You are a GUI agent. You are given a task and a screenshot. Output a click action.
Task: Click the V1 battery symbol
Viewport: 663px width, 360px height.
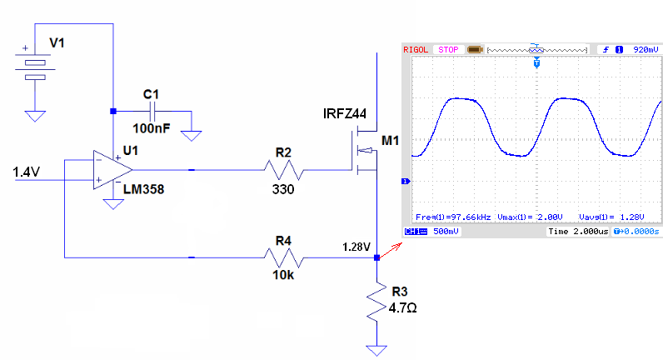tap(35, 66)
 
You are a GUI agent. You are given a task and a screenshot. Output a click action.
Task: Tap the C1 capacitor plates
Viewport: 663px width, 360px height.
tap(153, 112)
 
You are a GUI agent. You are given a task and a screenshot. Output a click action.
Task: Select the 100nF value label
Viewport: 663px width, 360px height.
tap(152, 128)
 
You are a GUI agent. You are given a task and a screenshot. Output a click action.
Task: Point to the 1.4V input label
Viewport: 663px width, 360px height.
tap(26, 172)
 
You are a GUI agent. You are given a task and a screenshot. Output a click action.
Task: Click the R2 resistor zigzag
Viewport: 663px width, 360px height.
tap(284, 170)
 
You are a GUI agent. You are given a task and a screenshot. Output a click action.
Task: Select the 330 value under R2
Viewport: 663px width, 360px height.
tap(283, 189)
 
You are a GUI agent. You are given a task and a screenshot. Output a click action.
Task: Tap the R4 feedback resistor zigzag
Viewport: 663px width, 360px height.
tap(284, 257)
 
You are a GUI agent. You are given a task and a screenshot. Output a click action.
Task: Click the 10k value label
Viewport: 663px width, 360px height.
tap(283, 275)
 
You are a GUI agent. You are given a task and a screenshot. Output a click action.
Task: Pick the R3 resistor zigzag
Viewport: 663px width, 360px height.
tap(376, 302)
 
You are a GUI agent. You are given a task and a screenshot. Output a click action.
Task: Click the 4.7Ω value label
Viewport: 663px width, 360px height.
tap(402, 308)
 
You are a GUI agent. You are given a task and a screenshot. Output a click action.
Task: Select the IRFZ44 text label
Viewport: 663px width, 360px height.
tap(344, 114)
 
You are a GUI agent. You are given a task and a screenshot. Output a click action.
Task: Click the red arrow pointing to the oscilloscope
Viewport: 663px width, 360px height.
tap(391, 251)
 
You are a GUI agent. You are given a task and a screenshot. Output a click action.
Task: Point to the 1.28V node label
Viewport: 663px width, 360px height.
tap(356, 247)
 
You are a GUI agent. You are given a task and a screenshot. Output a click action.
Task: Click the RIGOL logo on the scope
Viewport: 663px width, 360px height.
tap(416, 50)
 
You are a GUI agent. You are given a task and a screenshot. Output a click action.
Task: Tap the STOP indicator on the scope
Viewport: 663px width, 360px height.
tap(448, 50)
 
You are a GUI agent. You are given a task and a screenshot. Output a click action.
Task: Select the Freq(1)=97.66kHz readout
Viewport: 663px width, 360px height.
tap(453, 217)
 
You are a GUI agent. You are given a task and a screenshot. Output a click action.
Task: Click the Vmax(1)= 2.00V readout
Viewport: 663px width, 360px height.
tap(530, 217)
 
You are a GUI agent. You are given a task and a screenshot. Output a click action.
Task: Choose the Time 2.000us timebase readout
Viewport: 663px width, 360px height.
tap(578, 232)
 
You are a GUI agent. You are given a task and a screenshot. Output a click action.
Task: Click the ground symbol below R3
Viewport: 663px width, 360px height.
tap(376, 350)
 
